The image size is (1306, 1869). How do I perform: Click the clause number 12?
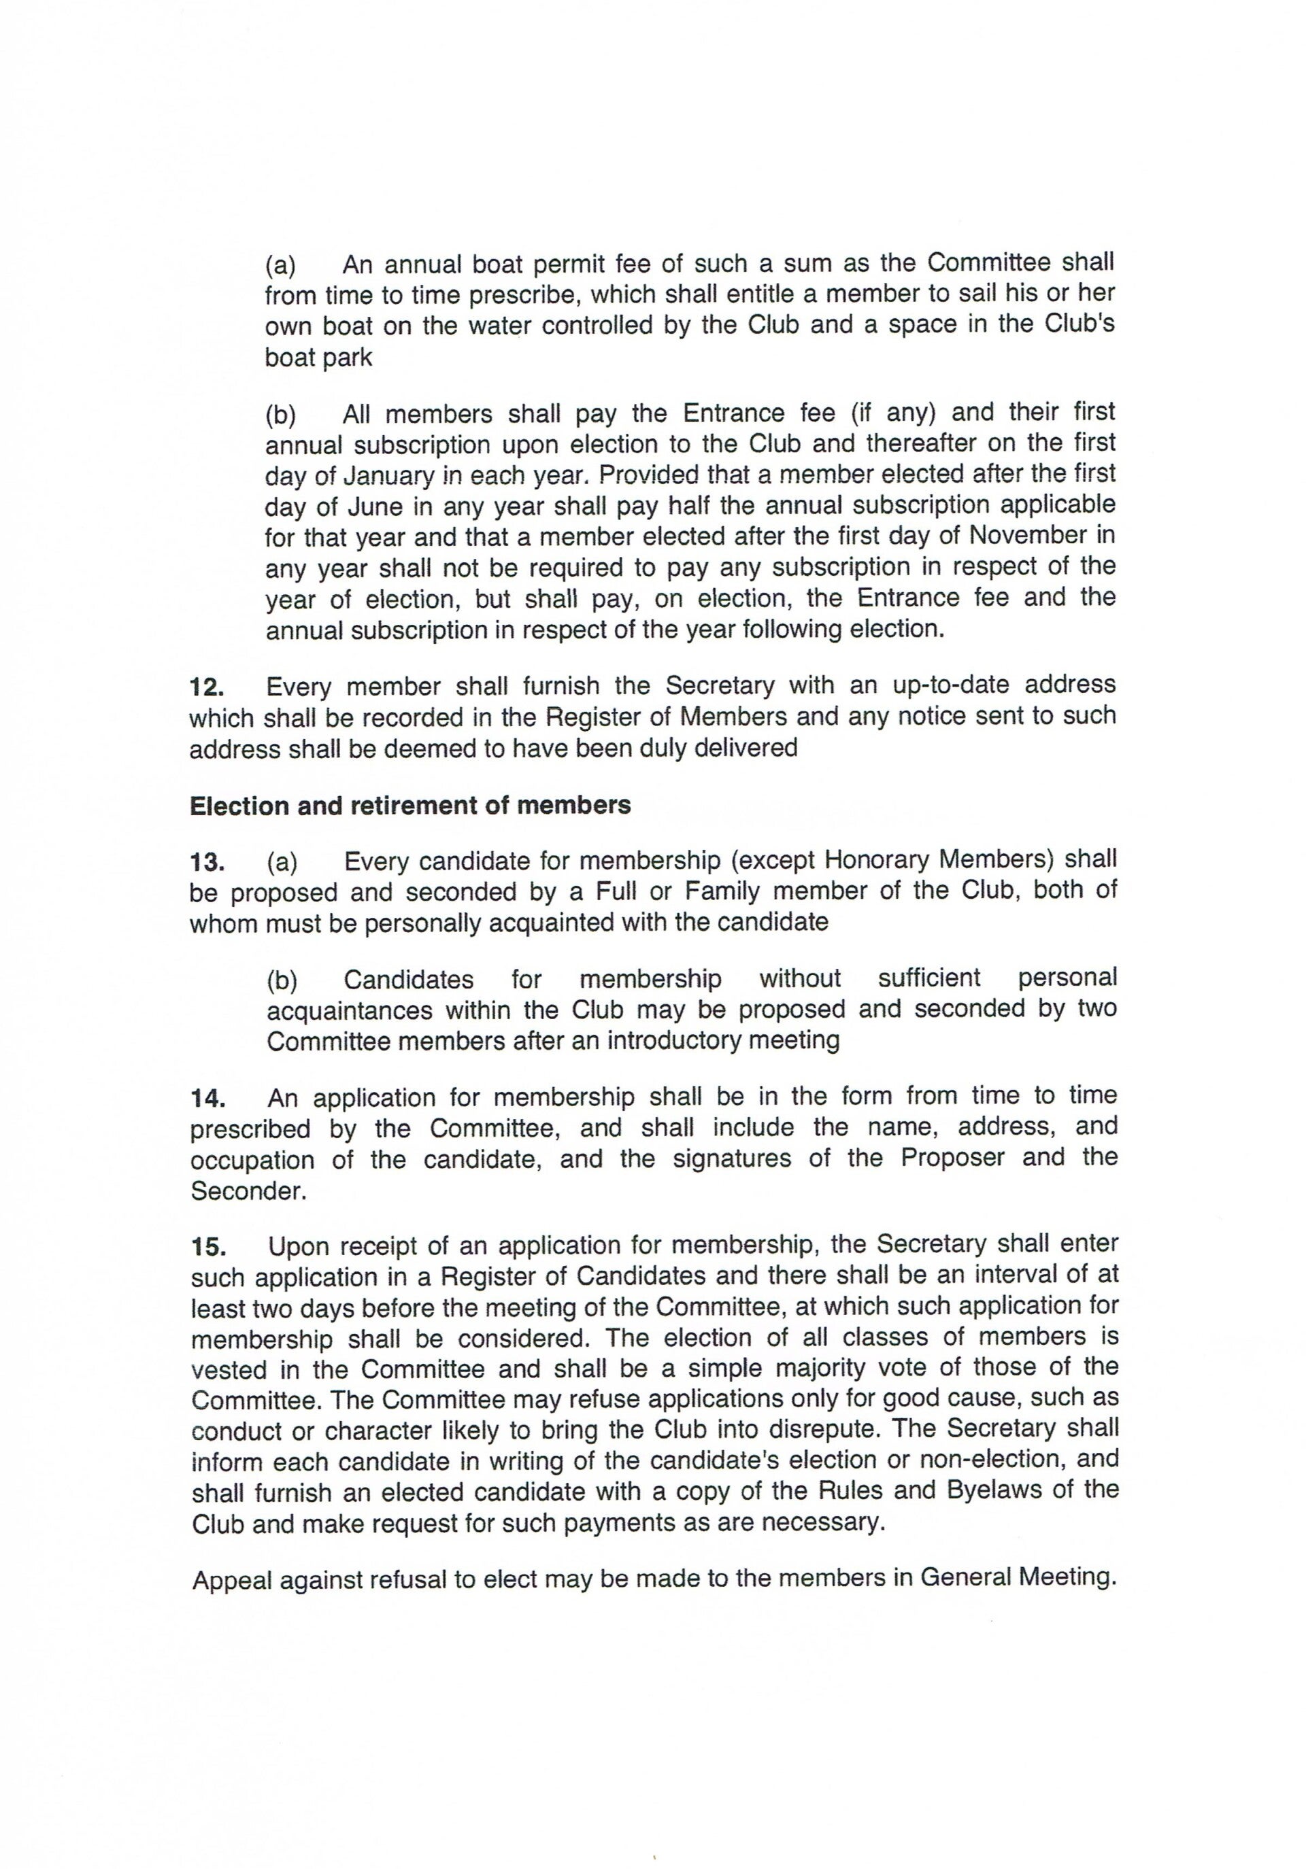[206, 687]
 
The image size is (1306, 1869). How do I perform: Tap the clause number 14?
[207, 1099]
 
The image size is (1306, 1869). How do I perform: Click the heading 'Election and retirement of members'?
[409, 806]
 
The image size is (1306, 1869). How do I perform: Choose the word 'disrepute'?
[818, 1429]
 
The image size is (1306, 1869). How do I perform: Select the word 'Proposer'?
[952, 1159]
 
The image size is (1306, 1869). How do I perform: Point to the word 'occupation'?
[252, 1161]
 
